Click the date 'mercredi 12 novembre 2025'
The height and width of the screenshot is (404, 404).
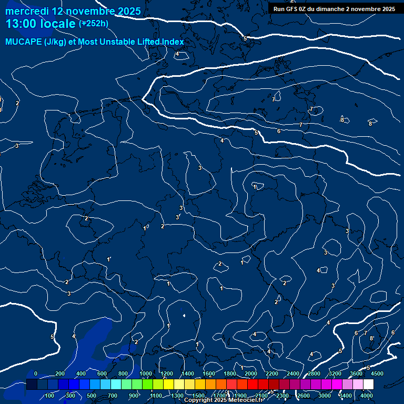[x=73, y=11]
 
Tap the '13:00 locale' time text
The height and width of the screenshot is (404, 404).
[x=41, y=24]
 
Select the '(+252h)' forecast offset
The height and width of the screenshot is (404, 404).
[x=94, y=24]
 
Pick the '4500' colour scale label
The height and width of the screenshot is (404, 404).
[x=377, y=373]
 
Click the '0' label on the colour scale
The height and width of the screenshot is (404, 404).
[x=36, y=373]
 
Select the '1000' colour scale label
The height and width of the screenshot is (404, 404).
[x=146, y=373]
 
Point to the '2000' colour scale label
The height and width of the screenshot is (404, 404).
[x=251, y=373]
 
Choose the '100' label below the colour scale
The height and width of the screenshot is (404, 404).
[x=50, y=396]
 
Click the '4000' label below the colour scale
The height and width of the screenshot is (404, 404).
[x=367, y=396]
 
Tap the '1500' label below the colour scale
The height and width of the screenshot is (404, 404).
[x=198, y=396]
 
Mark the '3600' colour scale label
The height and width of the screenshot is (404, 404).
[x=356, y=373]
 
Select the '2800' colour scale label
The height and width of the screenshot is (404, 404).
[x=314, y=373]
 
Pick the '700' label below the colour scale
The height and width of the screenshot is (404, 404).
[x=113, y=396]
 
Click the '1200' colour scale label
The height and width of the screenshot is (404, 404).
[x=167, y=373]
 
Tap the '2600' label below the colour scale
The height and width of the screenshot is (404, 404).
[x=304, y=396]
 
